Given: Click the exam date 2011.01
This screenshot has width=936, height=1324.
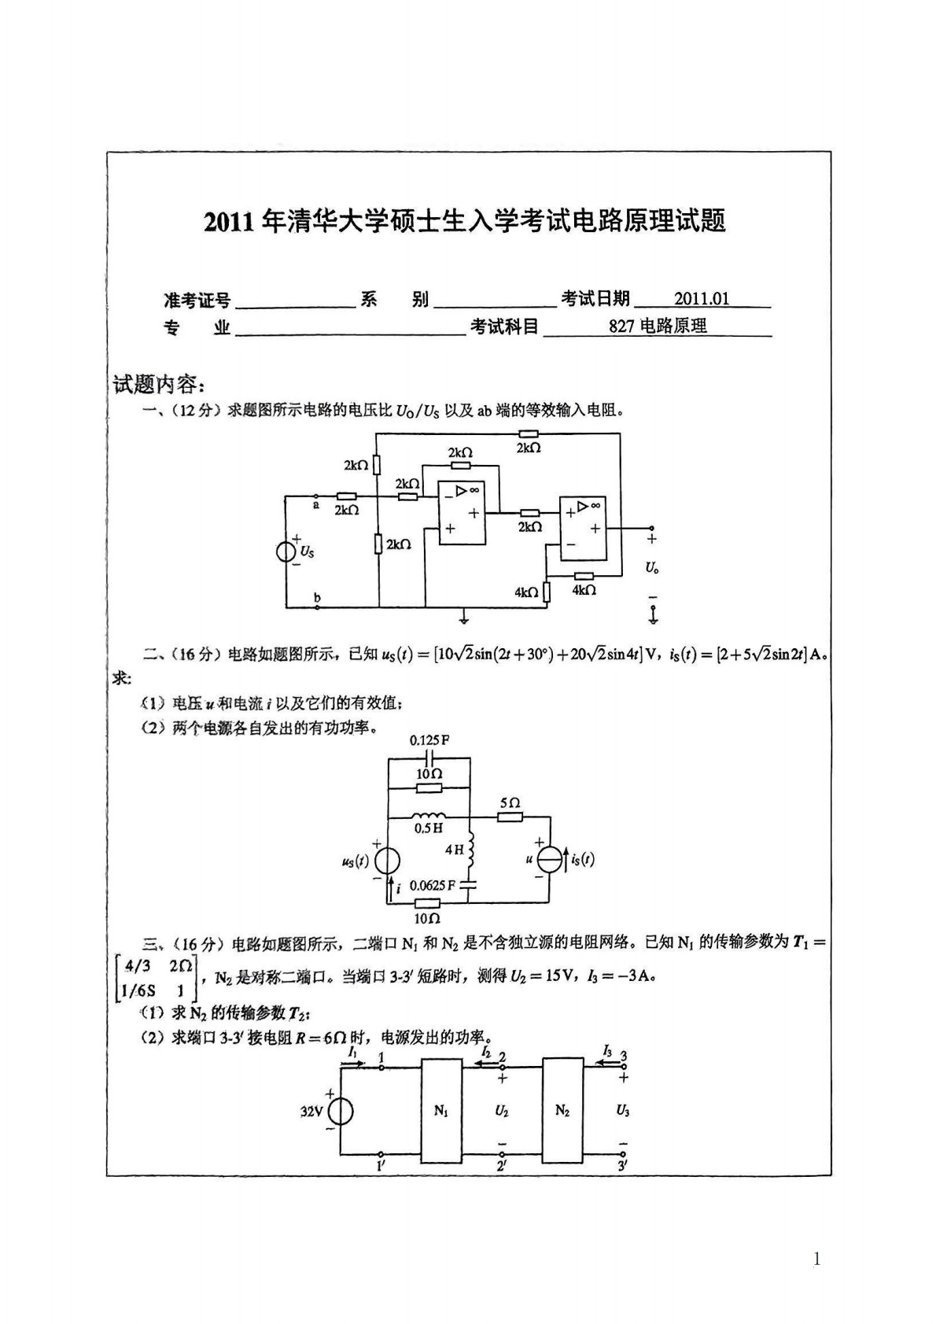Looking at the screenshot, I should (702, 299).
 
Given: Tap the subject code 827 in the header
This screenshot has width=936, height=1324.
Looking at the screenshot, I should (621, 326).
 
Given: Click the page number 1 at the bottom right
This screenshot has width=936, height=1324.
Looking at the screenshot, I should (816, 1259).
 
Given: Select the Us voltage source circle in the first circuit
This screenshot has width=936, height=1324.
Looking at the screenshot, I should (286, 551).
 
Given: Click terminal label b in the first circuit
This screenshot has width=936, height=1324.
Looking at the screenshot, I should (317, 599).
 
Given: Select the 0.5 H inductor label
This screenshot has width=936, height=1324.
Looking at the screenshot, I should (429, 828).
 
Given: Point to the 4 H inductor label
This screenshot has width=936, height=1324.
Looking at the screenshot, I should (455, 850).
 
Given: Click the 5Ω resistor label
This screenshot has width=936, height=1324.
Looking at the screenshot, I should (510, 803).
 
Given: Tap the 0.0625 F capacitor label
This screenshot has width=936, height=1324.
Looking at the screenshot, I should (433, 885).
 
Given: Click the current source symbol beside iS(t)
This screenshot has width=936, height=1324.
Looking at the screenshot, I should (551, 860).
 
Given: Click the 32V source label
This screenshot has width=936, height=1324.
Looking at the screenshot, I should (311, 1112).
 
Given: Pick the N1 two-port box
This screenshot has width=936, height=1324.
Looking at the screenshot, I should (440, 1111).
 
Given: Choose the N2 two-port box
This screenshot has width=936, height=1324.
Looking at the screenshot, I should (562, 1111).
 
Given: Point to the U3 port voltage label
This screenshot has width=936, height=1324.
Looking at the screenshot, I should (622, 1112).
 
